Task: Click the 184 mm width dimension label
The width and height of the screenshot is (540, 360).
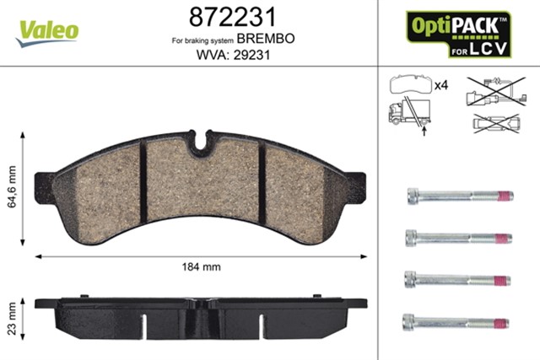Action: coord(201,267)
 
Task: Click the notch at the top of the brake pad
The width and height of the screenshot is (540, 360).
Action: coord(200,143)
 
